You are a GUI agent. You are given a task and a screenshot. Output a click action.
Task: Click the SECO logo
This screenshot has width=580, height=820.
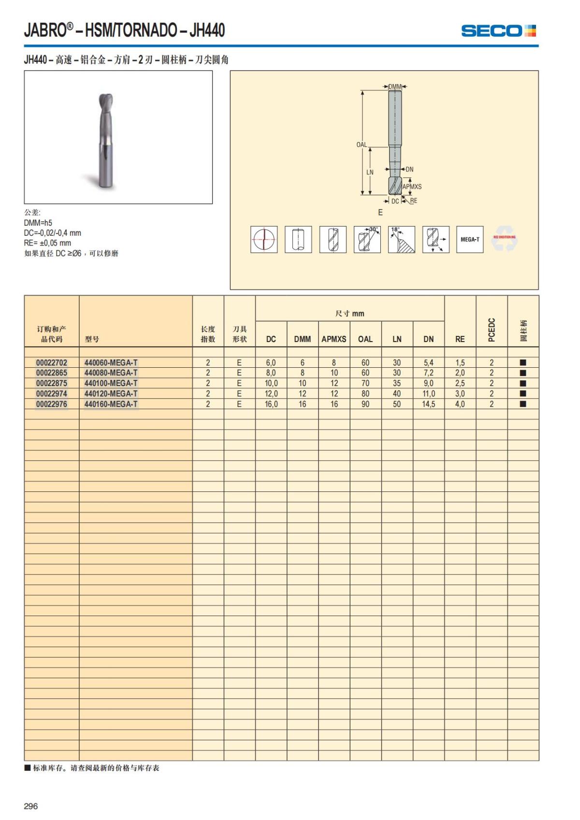point(498,31)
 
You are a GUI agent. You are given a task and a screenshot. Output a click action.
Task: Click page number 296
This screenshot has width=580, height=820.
point(30,806)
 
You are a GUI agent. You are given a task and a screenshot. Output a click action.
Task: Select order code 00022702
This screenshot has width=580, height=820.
point(52,362)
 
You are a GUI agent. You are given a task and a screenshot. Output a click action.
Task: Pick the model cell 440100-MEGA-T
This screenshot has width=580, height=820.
point(111,383)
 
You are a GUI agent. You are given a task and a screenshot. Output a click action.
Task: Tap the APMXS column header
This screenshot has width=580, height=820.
point(334,339)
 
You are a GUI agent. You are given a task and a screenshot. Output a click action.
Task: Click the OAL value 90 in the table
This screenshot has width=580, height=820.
point(365,404)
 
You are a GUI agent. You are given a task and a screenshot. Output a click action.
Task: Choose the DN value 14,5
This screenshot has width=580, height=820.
point(429,404)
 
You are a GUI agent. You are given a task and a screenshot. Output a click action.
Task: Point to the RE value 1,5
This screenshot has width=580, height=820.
point(460,362)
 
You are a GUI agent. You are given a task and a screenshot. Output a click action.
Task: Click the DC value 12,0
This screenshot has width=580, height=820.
point(271,394)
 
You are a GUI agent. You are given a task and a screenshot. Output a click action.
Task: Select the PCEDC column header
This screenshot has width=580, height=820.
point(492,330)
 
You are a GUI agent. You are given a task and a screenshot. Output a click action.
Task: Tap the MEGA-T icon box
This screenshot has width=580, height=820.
point(470,239)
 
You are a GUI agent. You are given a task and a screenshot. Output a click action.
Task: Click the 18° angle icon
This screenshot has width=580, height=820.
point(401,239)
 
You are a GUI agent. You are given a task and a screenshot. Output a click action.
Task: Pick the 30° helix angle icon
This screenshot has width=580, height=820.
point(367,239)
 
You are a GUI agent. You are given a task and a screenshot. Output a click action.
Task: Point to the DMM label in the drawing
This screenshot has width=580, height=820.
point(395,86)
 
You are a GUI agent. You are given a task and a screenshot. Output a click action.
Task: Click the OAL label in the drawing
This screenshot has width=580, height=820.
point(362,144)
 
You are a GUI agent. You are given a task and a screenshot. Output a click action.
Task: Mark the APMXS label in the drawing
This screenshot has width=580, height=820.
point(412,187)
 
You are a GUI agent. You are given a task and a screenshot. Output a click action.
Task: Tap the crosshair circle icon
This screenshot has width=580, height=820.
point(264,239)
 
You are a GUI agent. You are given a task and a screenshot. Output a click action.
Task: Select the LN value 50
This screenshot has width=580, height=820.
point(397,404)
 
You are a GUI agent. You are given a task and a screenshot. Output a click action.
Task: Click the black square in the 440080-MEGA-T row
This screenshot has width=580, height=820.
point(522,373)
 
